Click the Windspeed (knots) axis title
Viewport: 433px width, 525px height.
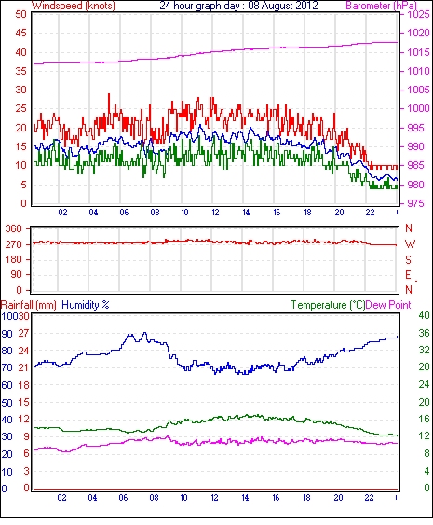(74, 6)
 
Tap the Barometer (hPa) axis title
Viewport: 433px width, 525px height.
(382, 6)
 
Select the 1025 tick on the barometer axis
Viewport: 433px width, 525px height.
(418, 14)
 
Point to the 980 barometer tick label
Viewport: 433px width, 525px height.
(415, 185)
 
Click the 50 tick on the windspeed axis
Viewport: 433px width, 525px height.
(20, 14)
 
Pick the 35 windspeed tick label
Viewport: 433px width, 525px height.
(20, 71)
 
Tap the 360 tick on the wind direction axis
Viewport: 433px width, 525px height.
(14, 229)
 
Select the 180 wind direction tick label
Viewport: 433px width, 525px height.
(14, 259)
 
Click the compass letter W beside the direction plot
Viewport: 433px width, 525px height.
(410, 244)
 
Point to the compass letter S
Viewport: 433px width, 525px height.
(408, 259)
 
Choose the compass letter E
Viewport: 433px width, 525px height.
(408, 275)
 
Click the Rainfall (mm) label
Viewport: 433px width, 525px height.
(29, 305)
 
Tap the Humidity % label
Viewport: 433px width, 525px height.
(86, 305)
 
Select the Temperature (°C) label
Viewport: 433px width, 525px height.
(328, 305)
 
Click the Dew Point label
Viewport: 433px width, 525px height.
(388, 305)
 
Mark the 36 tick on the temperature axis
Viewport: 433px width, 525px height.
(424, 333)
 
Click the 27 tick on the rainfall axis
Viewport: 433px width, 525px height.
(23, 333)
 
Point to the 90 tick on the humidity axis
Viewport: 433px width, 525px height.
(7, 334)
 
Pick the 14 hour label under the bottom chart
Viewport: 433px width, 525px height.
(245, 498)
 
